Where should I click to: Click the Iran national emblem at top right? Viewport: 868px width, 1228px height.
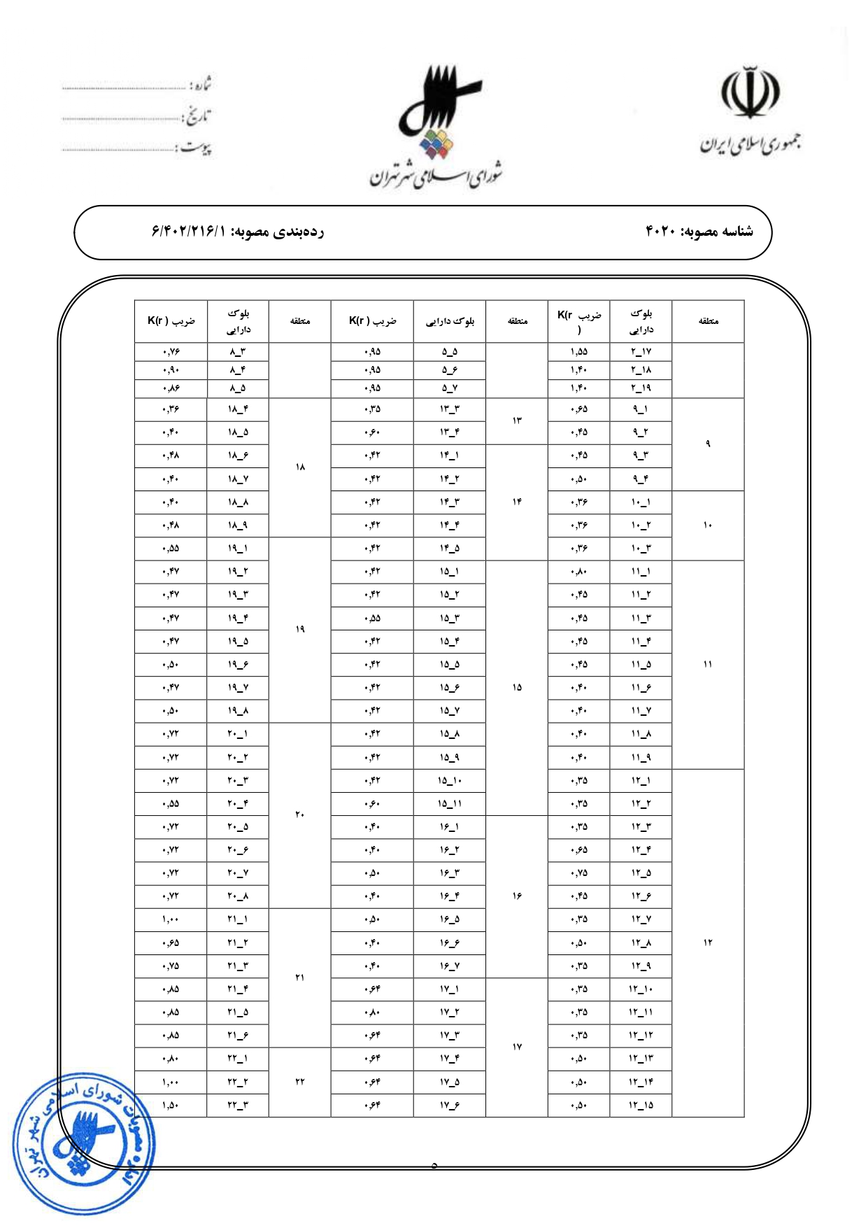pyautogui.click(x=750, y=92)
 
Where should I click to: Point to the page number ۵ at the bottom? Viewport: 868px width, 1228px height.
pyautogui.click(x=434, y=1166)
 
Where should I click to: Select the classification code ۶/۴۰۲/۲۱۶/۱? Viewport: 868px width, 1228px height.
pyautogui.click(x=190, y=232)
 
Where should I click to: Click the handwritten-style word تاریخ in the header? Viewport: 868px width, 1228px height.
pyautogui.click(x=198, y=116)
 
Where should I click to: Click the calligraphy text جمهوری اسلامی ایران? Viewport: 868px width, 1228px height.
pyautogui.click(x=750, y=145)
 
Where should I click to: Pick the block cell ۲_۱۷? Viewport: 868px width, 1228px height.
pyautogui.click(x=641, y=352)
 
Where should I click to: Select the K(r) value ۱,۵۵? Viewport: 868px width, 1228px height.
pyautogui.click(x=578, y=352)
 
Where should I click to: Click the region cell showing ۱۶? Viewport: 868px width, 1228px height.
pyautogui.click(x=517, y=896)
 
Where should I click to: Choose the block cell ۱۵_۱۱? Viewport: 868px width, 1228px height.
pyautogui.click(x=450, y=804)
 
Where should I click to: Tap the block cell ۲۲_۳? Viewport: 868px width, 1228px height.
pyautogui.click(x=238, y=1105)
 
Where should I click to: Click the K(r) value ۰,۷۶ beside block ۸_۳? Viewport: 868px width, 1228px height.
pyautogui.click(x=171, y=352)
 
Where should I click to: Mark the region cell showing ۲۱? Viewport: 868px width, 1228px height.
pyautogui.click(x=299, y=978)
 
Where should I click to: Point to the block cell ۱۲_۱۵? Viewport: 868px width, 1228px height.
pyautogui.click(x=641, y=1105)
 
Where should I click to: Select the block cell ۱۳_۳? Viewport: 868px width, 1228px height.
pyautogui.click(x=450, y=409)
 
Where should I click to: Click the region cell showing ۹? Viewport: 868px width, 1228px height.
pyautogui.click(x=708, y=444)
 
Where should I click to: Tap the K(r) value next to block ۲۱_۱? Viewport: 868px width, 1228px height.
pyautogui.click(x=171, y=919)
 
